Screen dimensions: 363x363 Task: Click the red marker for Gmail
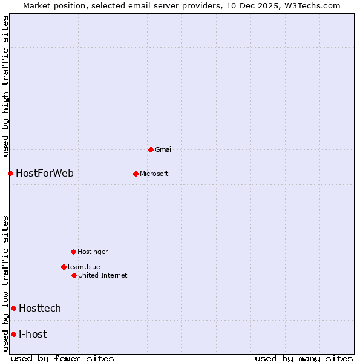151,149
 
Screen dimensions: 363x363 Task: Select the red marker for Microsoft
136,174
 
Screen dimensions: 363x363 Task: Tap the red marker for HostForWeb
10,173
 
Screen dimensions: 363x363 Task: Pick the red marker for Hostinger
73,252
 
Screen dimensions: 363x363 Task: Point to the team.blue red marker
64,267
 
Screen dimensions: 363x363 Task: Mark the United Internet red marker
74,275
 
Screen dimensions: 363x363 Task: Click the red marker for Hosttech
13,308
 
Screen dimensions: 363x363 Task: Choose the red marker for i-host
13,334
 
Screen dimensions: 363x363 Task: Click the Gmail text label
164,149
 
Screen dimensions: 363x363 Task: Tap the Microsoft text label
154,174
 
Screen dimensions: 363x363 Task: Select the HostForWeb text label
45,173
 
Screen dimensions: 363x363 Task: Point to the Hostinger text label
93,252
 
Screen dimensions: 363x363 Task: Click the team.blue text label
84,267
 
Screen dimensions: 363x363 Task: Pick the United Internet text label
103,275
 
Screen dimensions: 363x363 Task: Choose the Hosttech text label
40,308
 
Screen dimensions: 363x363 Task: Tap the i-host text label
33,334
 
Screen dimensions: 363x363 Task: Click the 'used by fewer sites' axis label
62,358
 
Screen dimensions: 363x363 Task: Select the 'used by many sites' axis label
304,358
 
